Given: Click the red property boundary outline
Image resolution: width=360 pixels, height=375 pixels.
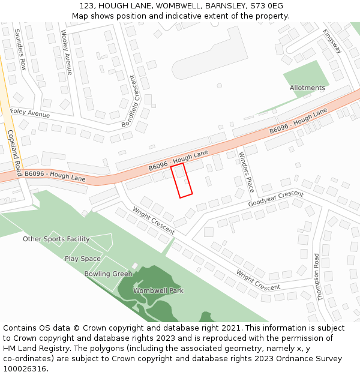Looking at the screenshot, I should [x=182, y=180].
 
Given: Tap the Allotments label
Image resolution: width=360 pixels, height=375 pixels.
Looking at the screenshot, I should [x=307, y=88].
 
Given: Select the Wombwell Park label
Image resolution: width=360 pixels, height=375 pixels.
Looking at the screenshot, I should [x=158, y=290].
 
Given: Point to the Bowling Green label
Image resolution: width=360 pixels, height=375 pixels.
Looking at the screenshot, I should [x=108, y=274].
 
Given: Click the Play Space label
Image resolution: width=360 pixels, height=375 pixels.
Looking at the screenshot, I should [x=83, y=259].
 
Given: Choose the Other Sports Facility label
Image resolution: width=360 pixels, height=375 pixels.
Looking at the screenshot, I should [x=56, y=239].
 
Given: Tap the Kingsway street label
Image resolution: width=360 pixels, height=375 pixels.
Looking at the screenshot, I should [x=332, y=41].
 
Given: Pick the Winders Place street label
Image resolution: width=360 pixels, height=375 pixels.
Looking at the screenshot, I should [x=246, y=172].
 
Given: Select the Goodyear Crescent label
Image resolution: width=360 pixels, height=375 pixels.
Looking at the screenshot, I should [x=276, y=199].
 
